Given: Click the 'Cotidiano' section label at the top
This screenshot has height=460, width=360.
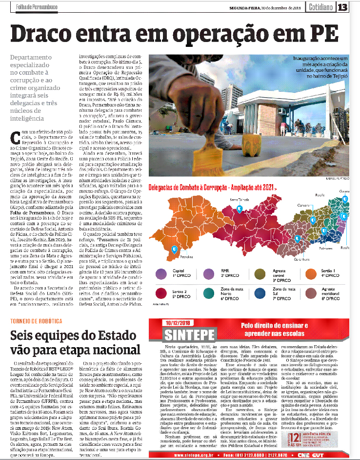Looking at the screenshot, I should coord(320,7).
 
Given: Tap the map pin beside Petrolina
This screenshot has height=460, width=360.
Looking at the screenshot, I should coord(174,249).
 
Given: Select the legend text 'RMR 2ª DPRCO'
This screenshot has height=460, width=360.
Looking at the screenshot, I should coord(229,274).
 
